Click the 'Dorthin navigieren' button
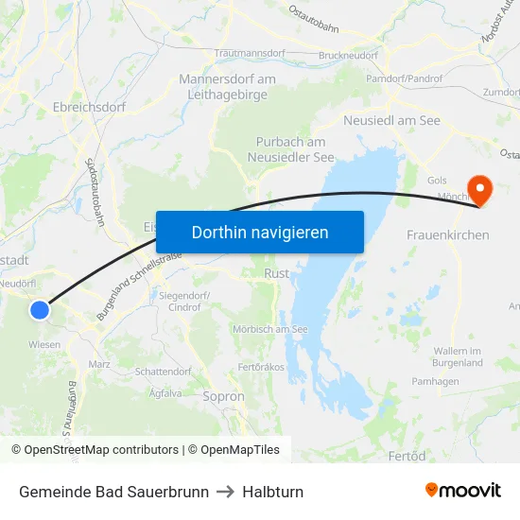pyautogui.click(x=260, y=232)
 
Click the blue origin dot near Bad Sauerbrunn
pyautogui.click(x=39, y=309)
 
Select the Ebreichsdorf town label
pyautogui.click(x=90, y=107)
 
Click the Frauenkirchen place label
pyautogui.click(x=448, y=234)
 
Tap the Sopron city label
pyautogui.click(x=223, y=397)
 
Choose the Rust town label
pyautogui.click(x=277, y=273)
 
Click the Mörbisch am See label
pyautogui.click(x=270, y=329)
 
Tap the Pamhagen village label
pyautogui.click(x=435, y=380)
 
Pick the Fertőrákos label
pyautogui.click(x=262, y=366)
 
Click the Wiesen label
pyautogui.click(x=44, y=345)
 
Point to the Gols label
pyautogui.click(x=437, y=180)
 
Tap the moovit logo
pyautogui.click(x=463, y=491)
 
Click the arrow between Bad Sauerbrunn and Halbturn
pyautogui.click(x=225, y=492)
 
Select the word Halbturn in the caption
pyautogui.click(x=272, y=492)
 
